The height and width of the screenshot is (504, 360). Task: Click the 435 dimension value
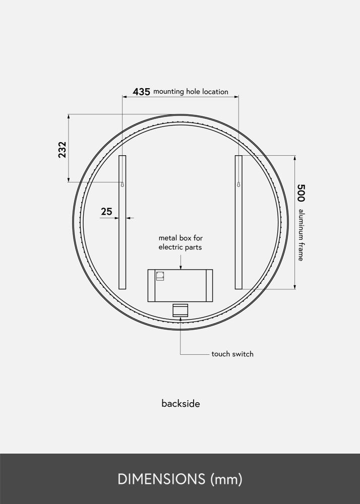coord(141,92)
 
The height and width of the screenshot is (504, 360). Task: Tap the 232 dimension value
coord(62,150)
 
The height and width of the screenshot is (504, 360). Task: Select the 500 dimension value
coord(301,193)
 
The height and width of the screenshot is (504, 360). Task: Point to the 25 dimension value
coord(106,212)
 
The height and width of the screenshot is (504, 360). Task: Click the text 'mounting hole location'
coord(191,92)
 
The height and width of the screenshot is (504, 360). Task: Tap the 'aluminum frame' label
coord(301,235)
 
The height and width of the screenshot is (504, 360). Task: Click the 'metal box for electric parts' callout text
coord(181,242)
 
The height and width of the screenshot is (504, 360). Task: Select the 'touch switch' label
coord(232,354)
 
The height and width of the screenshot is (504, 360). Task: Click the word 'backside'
coord(181,404)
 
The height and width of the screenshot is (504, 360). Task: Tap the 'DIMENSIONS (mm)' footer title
coord(180,479)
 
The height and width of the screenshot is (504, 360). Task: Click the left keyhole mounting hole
coord(122,184)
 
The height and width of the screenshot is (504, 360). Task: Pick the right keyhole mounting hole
coord(238,184)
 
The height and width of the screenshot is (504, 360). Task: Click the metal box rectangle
coord(180,285)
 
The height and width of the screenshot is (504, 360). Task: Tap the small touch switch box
coord(180,310)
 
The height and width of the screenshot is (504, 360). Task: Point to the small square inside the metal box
coord(160,276)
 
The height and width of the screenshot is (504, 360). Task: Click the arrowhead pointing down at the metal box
coord(181,267)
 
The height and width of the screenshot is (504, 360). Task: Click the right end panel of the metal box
coord(209,285)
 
